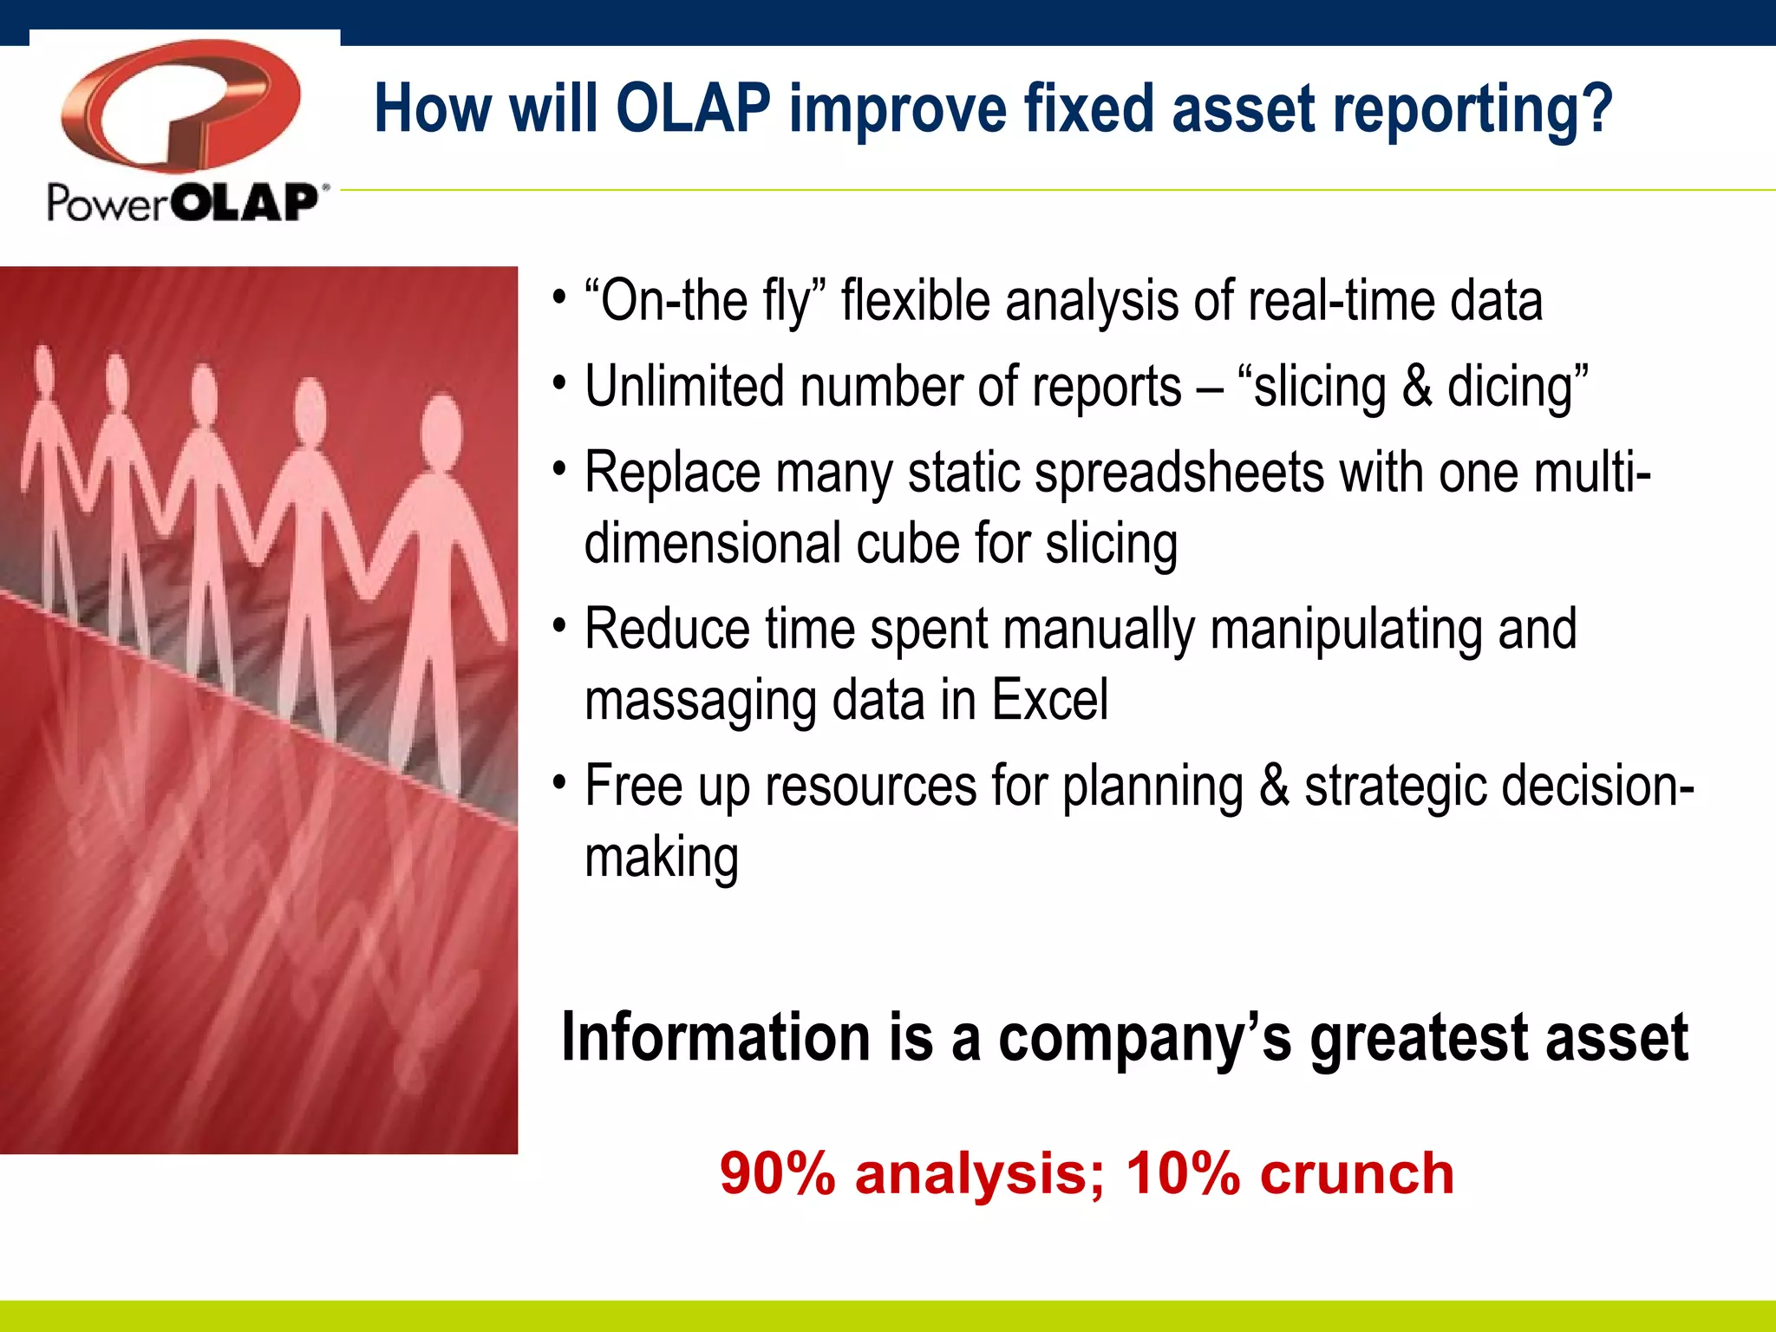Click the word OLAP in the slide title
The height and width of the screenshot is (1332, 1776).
coord(692,109)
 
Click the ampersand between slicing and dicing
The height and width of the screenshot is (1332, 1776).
coord(1416,387)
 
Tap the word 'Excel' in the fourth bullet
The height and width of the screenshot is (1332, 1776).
coord(1049,701)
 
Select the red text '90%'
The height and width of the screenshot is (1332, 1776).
coord(777,1174)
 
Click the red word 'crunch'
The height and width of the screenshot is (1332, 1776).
coord(1356,1174)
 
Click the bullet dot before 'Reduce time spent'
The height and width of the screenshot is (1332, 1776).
coord(560,624)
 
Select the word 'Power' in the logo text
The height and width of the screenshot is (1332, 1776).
coord(106,204)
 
